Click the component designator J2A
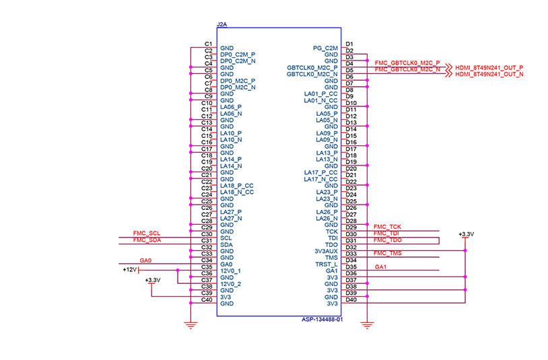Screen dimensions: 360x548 pyautogui.click(x=222, y=24)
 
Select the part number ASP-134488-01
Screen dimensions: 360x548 pyautogui.click(x=322, y=320)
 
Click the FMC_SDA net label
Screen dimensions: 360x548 pyautogui.click(x=147, y=239)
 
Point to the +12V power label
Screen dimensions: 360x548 pyautogui.click(x=130, y=269)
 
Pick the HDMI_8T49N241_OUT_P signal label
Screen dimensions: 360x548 pyautogui.click(x=489, y=68)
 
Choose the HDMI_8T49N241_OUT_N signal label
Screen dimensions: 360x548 pyautogui.click(x=489, y=75)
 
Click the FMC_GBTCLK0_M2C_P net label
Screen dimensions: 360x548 pyautogui.click(x=407, y=63)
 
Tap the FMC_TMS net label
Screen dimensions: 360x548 pyautogui.click(x=388, y=252)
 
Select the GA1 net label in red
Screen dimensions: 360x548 pyautogui.click(x=380, y=266)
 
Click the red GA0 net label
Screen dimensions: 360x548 pyautogui.click(x=145, y=259)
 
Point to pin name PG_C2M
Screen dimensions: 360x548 pyautogui.click(x=326, y=48)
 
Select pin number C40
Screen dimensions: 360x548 pyautogui.click(x=207, y=300)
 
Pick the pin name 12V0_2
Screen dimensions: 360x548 pyautogui.click(x=231, y=284)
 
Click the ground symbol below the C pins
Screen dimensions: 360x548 pyautogui.click(x=191, y=326)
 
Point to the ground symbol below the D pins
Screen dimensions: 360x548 pyautogui.click(x=367, y=326)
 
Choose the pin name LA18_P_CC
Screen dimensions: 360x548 pyautogui.click(x=236, y=185)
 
